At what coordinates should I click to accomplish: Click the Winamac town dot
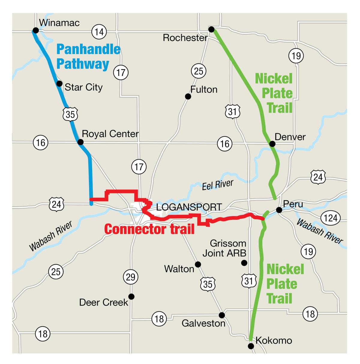click(36, 30)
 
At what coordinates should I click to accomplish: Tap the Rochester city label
click(185, 38)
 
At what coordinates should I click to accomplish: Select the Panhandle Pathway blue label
click(88, 57)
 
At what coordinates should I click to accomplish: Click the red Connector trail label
click(149, 229)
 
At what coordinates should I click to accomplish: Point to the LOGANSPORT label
click(189, 207)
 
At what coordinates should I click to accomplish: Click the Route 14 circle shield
click(99, 31)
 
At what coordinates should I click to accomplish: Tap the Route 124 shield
click(331, 218)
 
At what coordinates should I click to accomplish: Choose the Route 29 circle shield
click(130, 277)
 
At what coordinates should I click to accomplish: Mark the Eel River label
click(217, 185)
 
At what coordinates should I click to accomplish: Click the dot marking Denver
click(272, 144)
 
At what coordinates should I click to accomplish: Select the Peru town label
click(293, 204)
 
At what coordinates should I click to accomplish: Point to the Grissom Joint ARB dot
click(244, 263)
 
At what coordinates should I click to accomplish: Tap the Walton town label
click(179, 269)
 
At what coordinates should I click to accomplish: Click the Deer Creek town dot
click(131, 297)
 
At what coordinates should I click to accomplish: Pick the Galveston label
click(203, 324)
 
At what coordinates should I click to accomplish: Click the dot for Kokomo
click(251, 346)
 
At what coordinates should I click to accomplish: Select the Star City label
click(84, 87)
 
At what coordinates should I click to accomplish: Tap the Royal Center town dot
click(80, 142)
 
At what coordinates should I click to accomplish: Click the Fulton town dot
click(188, 96)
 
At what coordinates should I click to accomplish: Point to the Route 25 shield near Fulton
click(199, 71)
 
